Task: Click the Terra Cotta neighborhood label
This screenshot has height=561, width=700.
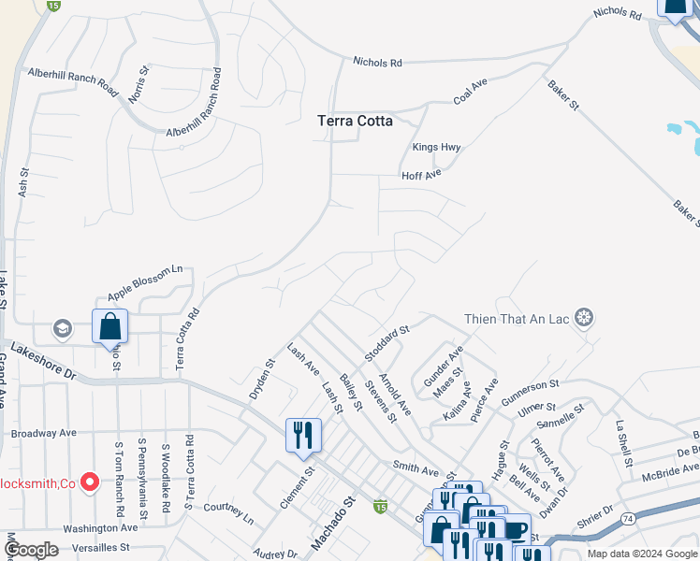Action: click(355, 121)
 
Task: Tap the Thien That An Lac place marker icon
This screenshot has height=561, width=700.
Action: click(584, 319)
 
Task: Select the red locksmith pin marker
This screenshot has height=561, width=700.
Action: click(90, 482)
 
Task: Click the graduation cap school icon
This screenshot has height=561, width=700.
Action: click(63, 328)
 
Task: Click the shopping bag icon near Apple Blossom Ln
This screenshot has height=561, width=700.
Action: click(109, 326)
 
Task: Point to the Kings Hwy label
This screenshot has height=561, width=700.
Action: click(437, 148)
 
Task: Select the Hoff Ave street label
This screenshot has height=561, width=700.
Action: click(420, 175)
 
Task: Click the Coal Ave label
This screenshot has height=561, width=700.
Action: click(471, 91)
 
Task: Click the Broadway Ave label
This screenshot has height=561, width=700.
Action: click(43, 434)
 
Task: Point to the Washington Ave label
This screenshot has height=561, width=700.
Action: click(100, 527)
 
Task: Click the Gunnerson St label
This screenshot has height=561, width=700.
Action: click(530, 392)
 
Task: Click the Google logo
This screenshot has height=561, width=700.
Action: click(31, 550)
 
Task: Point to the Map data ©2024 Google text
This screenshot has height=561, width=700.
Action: click(640, 554)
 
